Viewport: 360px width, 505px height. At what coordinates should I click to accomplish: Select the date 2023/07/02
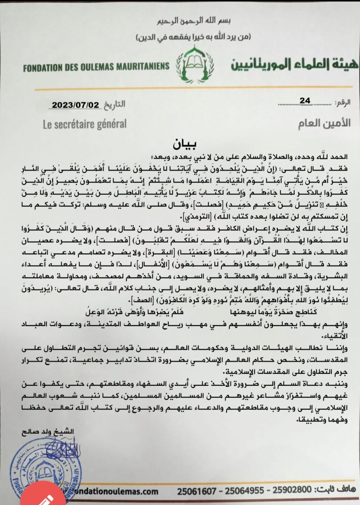[75, 105]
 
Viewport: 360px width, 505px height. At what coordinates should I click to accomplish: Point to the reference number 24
[305, 101]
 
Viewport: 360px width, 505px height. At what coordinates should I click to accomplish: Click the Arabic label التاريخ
[114, 104]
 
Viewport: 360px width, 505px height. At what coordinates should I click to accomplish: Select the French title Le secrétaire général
[85, 124]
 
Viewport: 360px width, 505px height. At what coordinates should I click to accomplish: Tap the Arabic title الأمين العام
[324, 123]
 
